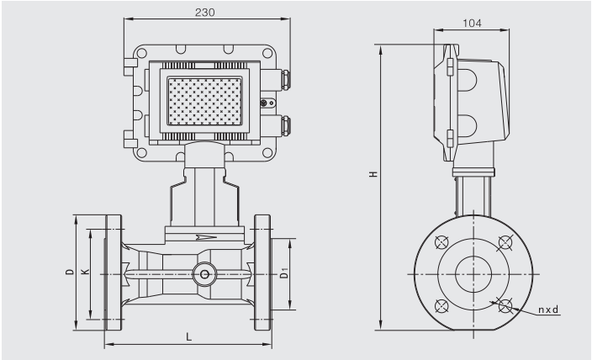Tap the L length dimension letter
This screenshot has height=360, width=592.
tap(188, 336)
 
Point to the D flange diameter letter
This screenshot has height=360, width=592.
tap(68, 273)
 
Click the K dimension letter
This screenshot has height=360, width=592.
tap(83, 273)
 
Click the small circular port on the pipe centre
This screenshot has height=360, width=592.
tap(203, 273)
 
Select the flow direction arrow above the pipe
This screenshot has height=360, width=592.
tap(203, 238)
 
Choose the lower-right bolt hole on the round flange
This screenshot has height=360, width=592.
tap(504, 305)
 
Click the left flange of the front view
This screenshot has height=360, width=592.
tap(114, 273)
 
